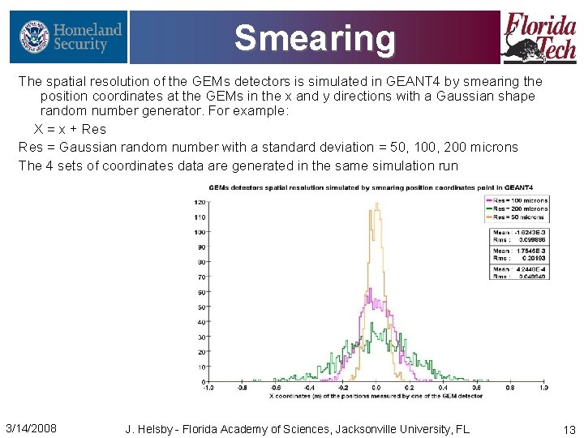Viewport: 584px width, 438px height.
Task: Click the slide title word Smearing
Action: tap(315, 37)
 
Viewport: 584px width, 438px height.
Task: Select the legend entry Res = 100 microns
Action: tap(520, 200)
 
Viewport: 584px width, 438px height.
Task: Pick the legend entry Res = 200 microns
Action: tap(520, 208)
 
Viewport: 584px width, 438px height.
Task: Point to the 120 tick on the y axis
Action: tap(199, 201)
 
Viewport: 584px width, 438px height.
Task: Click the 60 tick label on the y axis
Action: tap(200, 292)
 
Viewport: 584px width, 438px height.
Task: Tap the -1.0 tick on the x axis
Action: tap(208, 389)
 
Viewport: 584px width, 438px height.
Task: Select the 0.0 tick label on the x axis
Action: tap(376, 389)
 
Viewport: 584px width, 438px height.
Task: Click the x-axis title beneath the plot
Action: tap(376, 396)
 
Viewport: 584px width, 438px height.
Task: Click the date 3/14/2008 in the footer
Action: tap(31, 427)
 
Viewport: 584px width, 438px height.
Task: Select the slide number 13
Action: tap(569, 428)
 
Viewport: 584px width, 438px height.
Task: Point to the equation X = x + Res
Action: tap(70, 129)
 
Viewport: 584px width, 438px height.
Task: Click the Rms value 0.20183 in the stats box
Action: tap(528, 258)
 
